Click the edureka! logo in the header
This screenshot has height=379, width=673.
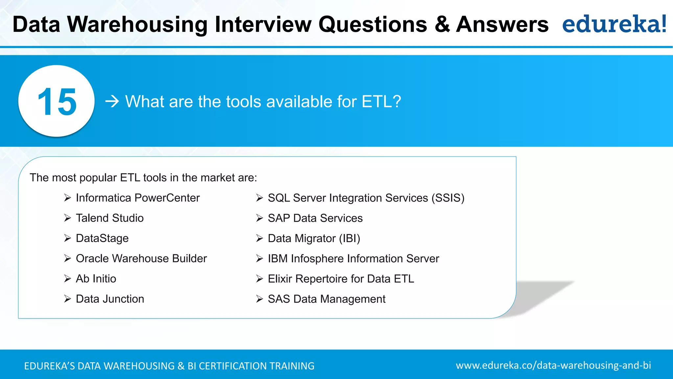click(614, 24)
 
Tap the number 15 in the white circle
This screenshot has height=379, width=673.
click(57, 102)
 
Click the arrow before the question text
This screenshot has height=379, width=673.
click(112, 101)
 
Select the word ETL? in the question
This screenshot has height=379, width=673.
click(381, 101)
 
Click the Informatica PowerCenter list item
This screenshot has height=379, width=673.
click(137, 198)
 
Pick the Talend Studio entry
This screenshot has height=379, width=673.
click(109, 218)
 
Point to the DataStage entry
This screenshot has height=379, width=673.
click(102, 238)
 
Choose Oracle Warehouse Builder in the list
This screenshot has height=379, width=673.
click(141, 259)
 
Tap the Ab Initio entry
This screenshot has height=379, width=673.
click(96, 279)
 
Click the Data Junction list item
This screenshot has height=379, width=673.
click(110, 299)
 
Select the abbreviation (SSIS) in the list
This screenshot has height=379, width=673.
click(448, 198)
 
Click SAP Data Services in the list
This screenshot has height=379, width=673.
click(315, 218)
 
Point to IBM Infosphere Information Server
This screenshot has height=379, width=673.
click(353, 259)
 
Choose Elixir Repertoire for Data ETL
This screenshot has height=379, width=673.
click(340, 279)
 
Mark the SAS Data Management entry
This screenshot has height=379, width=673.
click(326, 299)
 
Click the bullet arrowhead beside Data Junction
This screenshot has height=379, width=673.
click(67, 299)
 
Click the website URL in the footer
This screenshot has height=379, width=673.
click(553, 365)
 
